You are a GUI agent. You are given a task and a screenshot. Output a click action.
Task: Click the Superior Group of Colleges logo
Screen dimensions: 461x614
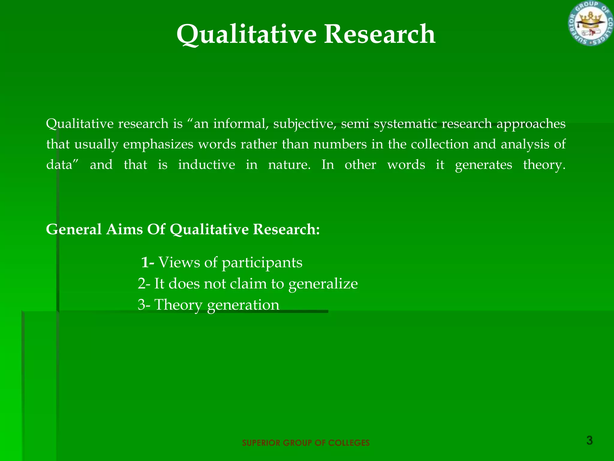[591, 23]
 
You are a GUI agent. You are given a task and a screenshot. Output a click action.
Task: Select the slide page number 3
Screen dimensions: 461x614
[589, 441]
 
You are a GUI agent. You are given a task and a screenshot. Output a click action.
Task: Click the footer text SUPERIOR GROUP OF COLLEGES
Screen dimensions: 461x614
[306, 443]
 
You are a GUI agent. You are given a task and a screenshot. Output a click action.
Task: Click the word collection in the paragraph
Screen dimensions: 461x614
[440, 144]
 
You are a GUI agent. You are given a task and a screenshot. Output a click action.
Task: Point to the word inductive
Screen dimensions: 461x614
[206, 165]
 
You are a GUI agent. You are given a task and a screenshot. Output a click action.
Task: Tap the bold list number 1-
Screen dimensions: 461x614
[148, 263]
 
